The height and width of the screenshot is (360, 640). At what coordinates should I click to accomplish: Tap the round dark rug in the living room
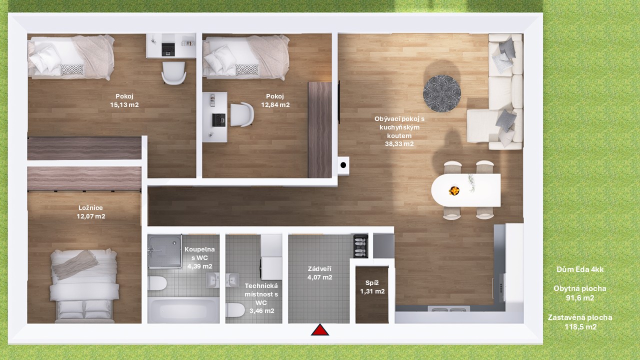pyautogui.click(x=441, y=93)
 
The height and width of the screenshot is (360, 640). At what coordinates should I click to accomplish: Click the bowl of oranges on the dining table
pyautogui.click(x=454, y=190)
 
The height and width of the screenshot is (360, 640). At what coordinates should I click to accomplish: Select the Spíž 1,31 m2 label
pyautogui.click(x=372, y=287)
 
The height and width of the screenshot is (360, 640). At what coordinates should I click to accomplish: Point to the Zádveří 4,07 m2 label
pyautogui.click(x=319, y=273)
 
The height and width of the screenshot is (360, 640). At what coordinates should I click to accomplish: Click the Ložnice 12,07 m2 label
pyautogui.click(x=91, y=212)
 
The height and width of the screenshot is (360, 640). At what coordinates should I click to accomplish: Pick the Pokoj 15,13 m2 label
pyautogui.click(x=124, y=100)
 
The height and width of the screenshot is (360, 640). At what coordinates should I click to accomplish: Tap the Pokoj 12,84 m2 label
pyautogui.click(x=275, y=100)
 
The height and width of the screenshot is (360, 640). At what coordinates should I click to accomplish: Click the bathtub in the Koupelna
pyautogui.click(x=183, y=310)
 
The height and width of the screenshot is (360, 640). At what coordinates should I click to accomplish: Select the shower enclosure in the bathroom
pyautogui.click(x=165, y=251)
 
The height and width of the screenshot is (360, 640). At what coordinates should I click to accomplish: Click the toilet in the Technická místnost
pyautogui.click(x=235, y=310)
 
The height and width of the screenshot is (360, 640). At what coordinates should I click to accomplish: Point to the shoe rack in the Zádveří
pyautogui.click(x=360, y=246)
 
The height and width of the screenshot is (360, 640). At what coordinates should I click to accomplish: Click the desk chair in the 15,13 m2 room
pyautogui.click(x=173, y=73)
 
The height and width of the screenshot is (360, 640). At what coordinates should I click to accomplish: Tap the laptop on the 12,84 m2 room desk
pyautogui.click(x=219, y=120)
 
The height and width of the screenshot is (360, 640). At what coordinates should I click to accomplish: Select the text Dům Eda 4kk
pyautogui.click(x=580, y=269)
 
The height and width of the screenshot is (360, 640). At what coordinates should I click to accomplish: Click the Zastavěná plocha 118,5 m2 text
pyautogui.click(x=580, y=322)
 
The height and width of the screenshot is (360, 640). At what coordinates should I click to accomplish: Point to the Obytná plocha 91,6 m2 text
pyautogui.click(x=580, y=293)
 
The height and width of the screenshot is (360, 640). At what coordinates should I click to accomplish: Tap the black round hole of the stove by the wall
pyautogui.click(x=343, y=165)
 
